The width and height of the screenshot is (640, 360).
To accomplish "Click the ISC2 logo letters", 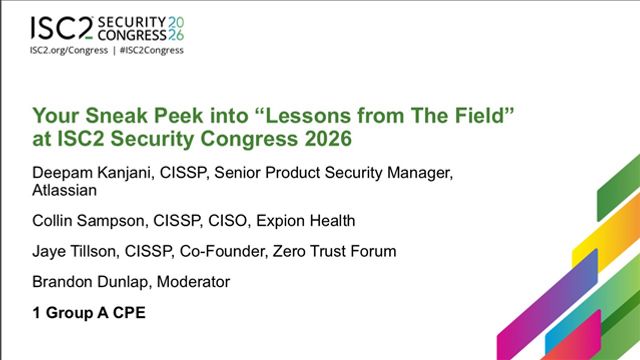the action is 62,28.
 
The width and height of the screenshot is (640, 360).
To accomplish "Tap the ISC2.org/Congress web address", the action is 69,50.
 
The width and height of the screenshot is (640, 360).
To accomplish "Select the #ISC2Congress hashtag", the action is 151,50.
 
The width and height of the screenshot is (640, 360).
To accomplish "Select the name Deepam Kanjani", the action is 91,173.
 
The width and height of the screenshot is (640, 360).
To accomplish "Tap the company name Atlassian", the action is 64,191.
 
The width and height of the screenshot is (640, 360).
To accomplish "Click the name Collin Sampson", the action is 88,221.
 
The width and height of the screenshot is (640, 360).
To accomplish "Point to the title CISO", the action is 227,221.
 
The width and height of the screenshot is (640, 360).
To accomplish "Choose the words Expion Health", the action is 306,221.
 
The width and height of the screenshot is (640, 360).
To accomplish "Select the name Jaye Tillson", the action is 74,251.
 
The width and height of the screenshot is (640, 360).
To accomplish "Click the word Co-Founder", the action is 222,251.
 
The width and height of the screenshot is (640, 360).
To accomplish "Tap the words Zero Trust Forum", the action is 334,251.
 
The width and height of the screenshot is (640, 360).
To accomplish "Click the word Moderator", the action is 193,282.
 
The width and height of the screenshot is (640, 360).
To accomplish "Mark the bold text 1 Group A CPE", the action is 89,313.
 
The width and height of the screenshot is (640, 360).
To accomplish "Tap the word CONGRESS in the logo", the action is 132,35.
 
